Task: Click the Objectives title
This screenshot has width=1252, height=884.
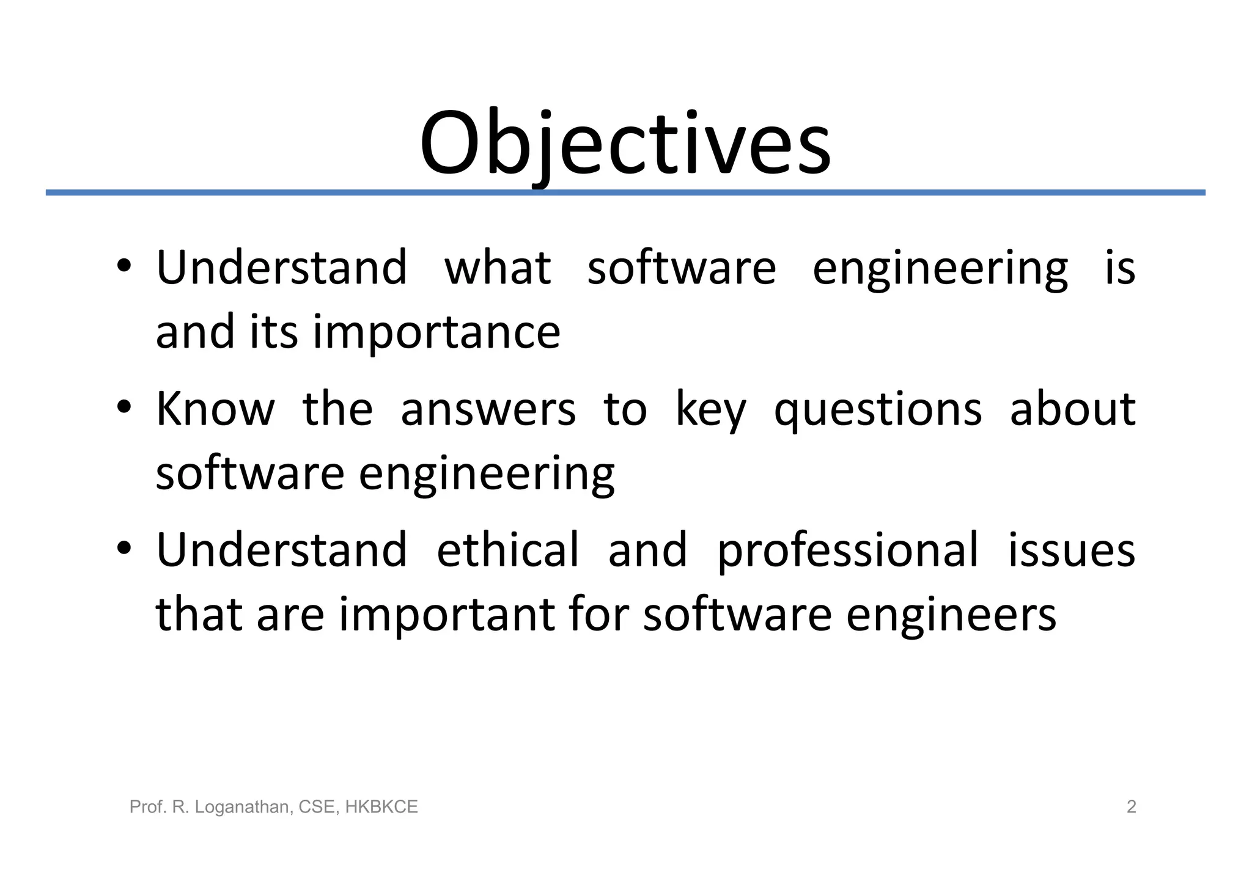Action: [625, 144]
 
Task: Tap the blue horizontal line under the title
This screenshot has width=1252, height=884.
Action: [625, 192]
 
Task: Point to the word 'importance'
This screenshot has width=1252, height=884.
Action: [436, 332]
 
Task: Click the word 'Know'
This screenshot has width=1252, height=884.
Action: [215, 409]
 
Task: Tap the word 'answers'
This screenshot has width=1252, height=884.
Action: [488, 410]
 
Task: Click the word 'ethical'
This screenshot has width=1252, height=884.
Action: [507, 550]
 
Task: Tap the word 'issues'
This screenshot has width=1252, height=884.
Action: [1071, 550]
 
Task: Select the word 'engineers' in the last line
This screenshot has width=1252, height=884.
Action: [951, 615]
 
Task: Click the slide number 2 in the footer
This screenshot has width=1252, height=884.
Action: [1131, 807]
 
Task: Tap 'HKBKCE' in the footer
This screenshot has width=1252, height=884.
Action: [381, 807]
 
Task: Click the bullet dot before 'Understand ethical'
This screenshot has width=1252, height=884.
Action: [124, 548]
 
